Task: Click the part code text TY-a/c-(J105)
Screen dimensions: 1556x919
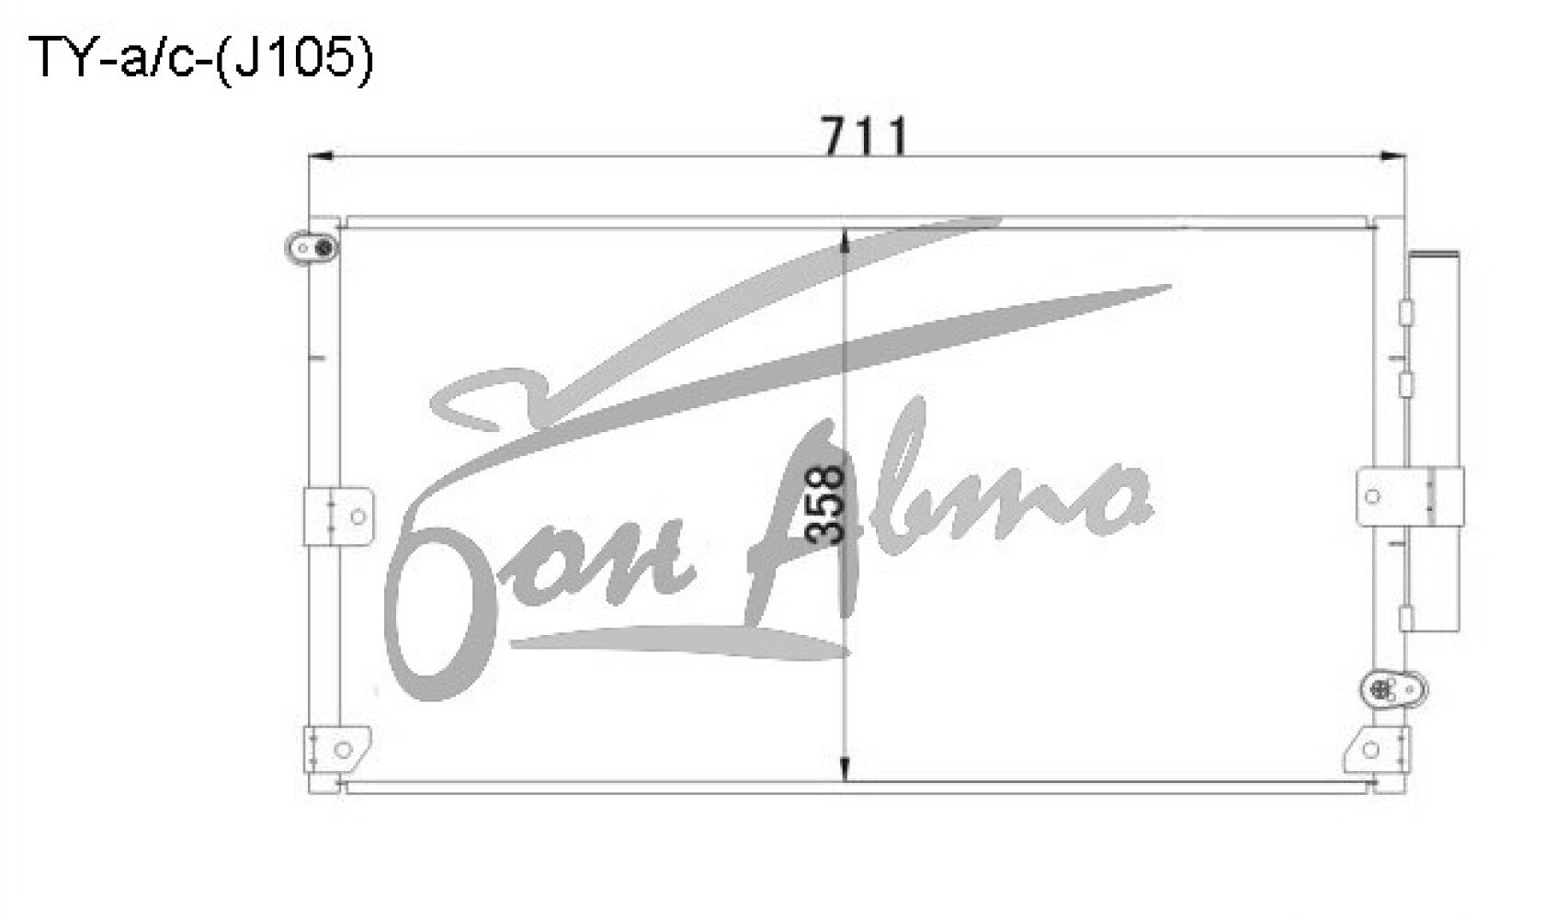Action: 200,58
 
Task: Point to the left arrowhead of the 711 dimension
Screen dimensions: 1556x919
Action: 321,156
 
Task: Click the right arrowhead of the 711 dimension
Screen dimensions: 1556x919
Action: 1392,156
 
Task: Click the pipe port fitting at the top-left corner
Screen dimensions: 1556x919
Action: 312,247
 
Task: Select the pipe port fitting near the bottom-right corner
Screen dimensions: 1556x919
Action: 1393,690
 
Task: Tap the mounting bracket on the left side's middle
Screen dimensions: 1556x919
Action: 338,516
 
